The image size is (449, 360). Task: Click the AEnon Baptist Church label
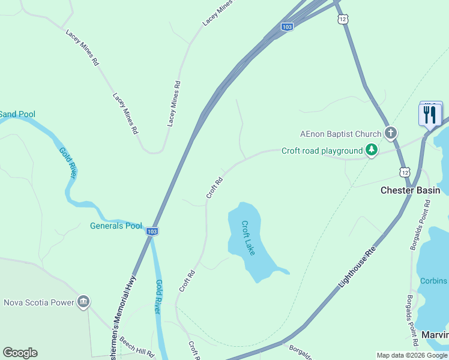click(341, 134)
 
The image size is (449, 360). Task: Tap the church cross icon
click(390, 133)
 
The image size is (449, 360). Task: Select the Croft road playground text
click(322, 151)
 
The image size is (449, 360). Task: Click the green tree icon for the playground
click(372, 150)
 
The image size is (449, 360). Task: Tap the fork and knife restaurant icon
click(430, 114)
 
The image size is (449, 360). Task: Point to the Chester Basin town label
click(411, 190)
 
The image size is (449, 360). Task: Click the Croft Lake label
click(249, 238)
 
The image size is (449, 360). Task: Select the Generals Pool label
click(116, 226)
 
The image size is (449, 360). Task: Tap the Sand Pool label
click(17, 114)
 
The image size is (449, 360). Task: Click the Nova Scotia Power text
click(38, 302)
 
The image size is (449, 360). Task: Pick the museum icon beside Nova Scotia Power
click(84, 302)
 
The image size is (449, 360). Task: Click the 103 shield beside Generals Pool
click(152, 231)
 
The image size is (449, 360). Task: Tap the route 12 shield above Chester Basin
click(405, 173)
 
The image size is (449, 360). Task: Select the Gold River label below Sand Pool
click(67, 162)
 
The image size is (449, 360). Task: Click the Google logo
click(20, 353)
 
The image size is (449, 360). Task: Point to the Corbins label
click(433, 281)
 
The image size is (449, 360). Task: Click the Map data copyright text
click(412, 355)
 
